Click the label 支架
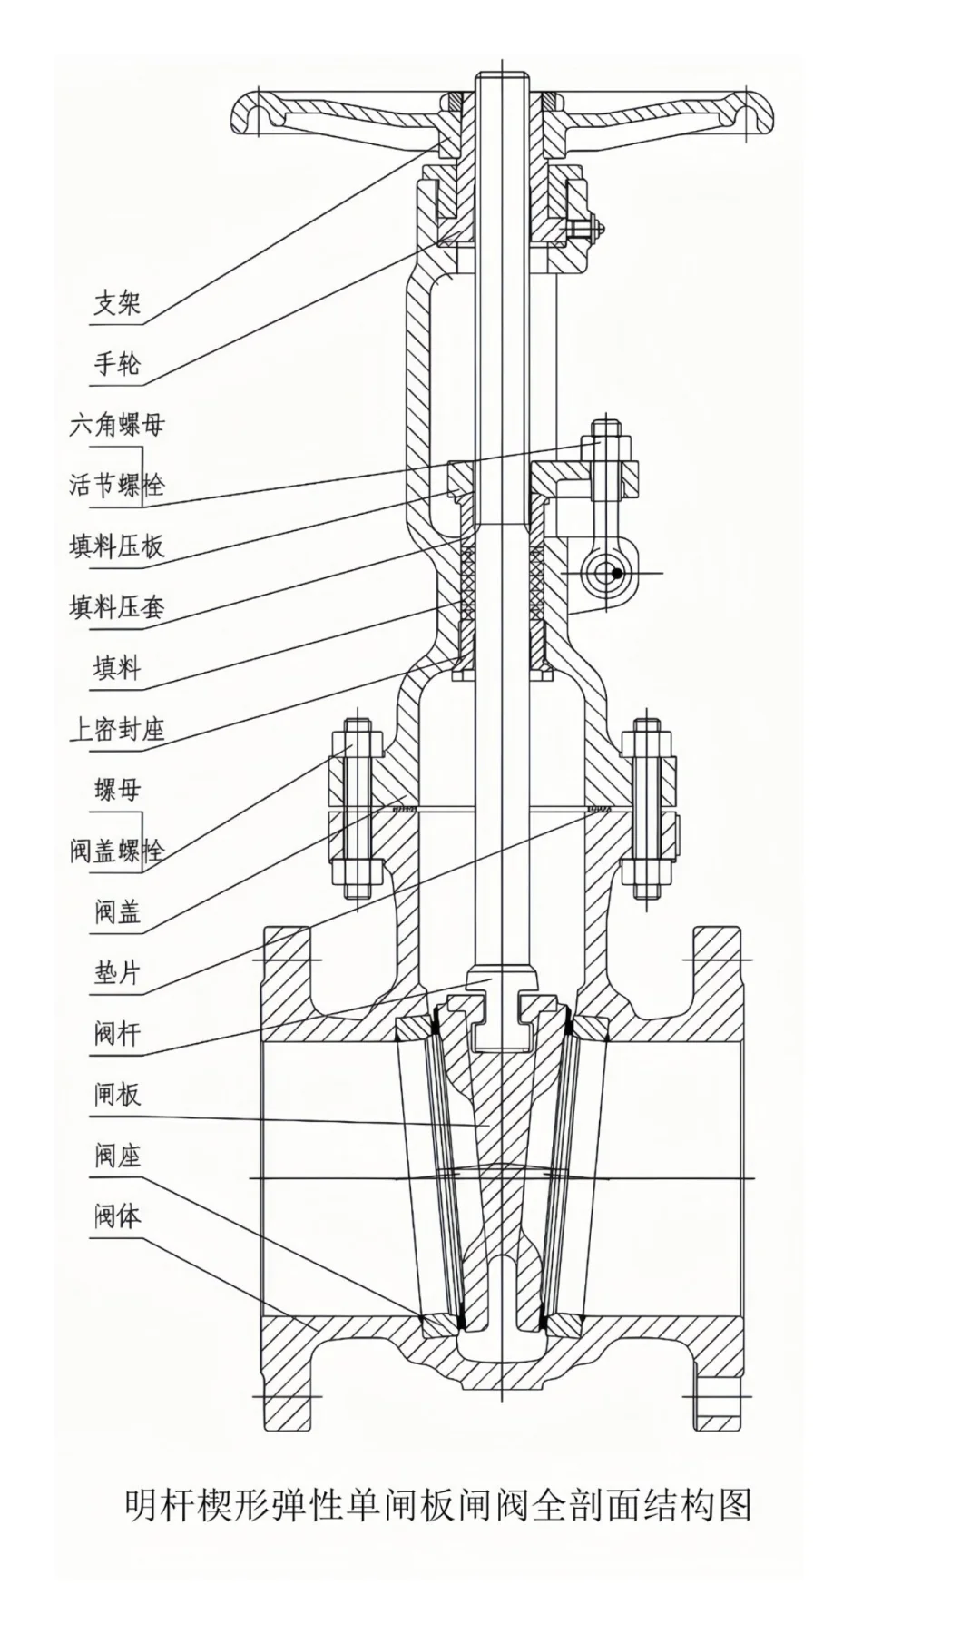pos(117,302)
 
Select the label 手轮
pos(117,363)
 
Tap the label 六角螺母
pos(117,424)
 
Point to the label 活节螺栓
pos(117,485)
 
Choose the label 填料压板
pos(117,546)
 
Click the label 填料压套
pos(117,606)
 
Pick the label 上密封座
pos(117,728)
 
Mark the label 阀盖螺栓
pos(117,851)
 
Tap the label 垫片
pos(117,972)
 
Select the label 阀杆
pos(117,1033)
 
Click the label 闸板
pos(117,1095)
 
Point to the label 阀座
pos(117,1156)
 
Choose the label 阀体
pos(117,1216)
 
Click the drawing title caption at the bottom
pos(438,1504)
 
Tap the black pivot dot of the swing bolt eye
pos(616,573)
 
